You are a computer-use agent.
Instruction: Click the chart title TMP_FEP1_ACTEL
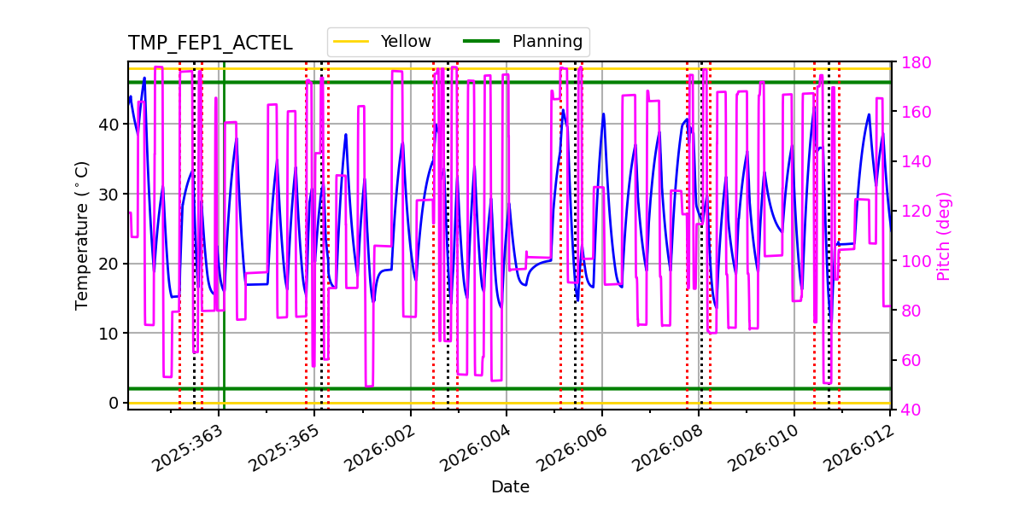tap(210, 44)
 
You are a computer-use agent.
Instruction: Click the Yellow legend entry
tap(382, 42)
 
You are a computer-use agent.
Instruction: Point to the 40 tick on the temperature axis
tap(110, 125)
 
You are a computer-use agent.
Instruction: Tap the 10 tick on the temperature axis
tap(110, 334)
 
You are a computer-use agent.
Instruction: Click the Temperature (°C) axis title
tap(82, 235)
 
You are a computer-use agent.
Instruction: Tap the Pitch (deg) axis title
tap(944, 236)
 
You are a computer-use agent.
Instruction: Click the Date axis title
tap(510, 487)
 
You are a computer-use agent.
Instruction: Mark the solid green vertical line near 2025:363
tap(224, 256)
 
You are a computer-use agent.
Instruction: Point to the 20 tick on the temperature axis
tap(110, 264)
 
